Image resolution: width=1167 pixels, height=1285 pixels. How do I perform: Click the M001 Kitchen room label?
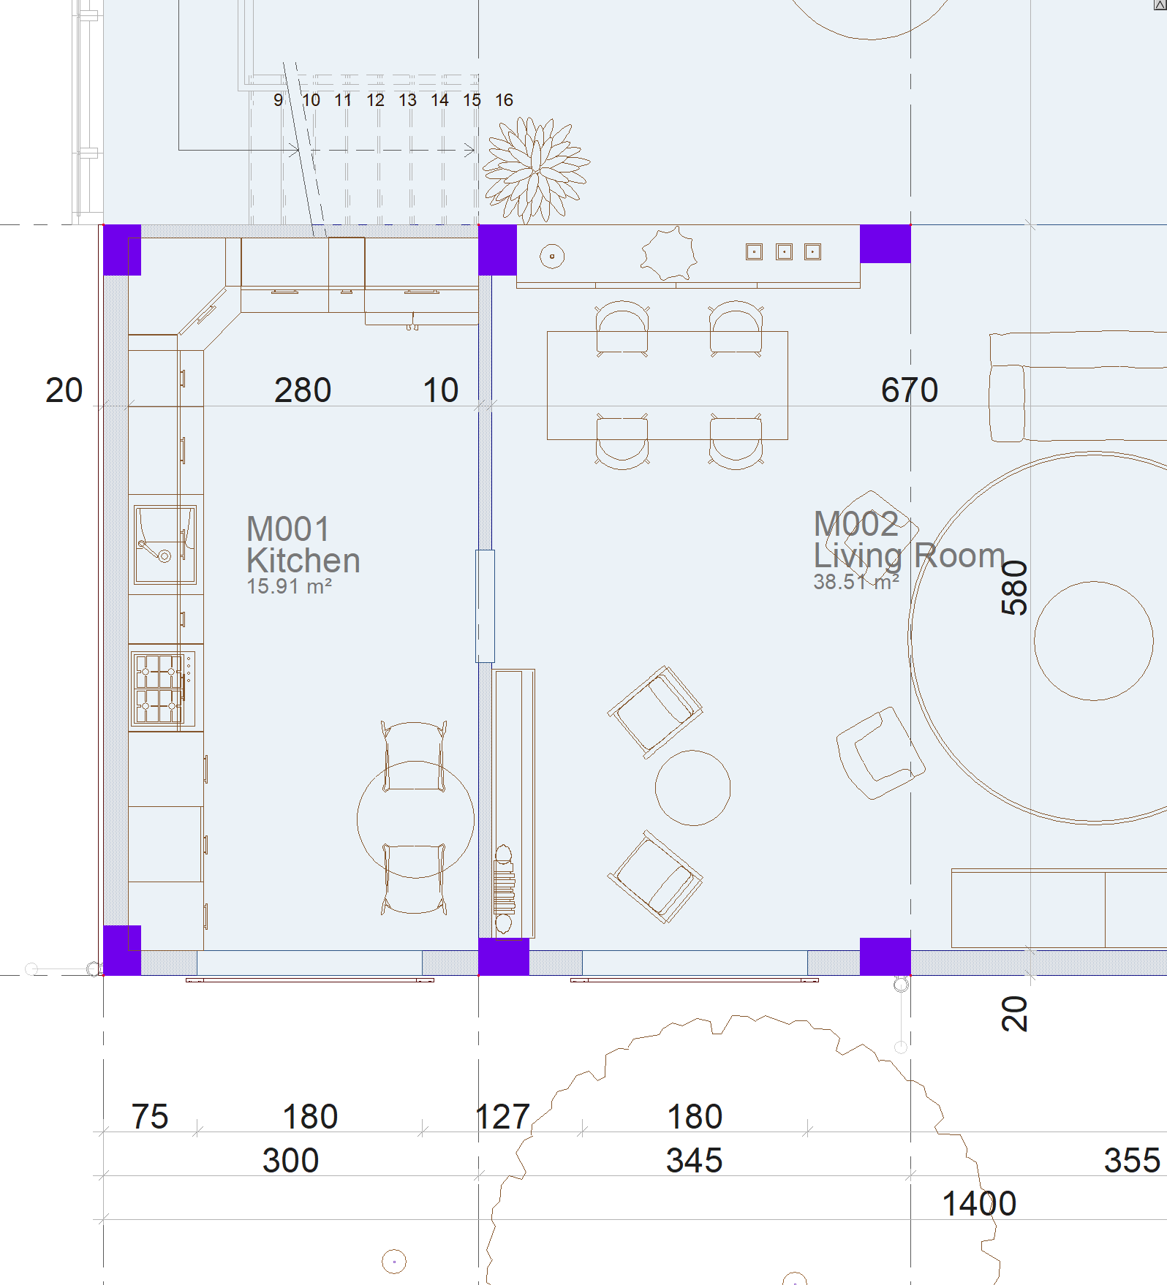(x=303, y=545)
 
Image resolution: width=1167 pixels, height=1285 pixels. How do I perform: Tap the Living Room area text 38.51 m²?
(x=856, y=582)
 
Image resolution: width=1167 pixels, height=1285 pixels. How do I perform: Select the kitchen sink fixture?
(x=165, y=545)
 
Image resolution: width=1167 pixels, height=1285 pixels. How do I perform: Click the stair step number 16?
(x=504, y=100)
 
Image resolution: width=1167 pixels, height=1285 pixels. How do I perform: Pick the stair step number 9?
(x=279, y=100)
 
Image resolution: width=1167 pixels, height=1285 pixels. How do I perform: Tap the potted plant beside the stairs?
(x=536, y=169)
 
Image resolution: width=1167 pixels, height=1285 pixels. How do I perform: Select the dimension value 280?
(x=303, y=390)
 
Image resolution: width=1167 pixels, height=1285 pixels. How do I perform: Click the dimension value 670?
(x=910, y=390)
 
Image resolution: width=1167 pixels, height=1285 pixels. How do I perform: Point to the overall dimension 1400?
(x=979, y=1203)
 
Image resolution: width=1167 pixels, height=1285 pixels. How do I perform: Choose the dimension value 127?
(x=502, y=1116)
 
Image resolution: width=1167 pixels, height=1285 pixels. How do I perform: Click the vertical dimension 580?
(x=1014, y=588)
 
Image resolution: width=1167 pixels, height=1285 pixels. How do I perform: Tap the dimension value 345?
(x=694, y=1160)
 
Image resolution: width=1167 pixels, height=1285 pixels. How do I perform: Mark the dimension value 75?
(x=150, y=1116)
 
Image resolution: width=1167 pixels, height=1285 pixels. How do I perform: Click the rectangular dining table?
(x=668, y=385)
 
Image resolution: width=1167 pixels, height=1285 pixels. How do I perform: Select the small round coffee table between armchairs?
(x=692, y=788)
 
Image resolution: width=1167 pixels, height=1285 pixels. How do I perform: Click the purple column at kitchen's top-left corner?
(x=122, y=250)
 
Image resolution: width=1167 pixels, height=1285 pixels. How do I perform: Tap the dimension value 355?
(x=1132, y=1160)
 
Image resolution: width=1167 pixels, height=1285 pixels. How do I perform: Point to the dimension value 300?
(x=291, y=1160)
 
